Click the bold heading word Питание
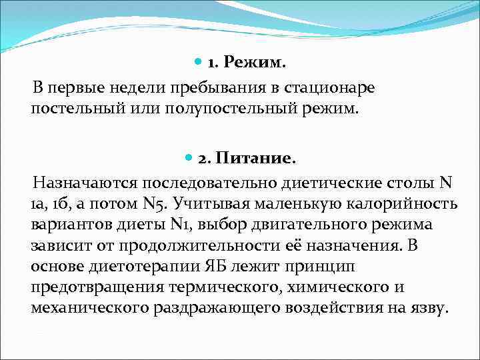(x=255, y=159)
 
